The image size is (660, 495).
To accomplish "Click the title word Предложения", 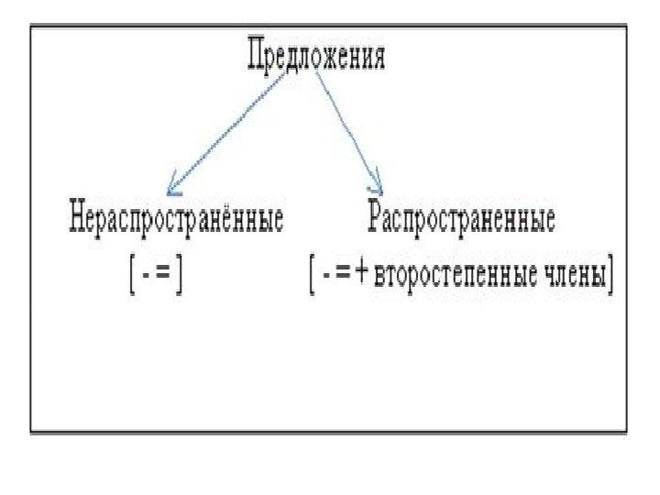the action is click(x=316, y=57).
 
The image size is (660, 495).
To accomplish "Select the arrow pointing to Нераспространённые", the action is click(x=234, y=134).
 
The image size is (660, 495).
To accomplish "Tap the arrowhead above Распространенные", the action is click(x=376, y=184).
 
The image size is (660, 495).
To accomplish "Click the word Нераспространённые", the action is click(x=175, y=220).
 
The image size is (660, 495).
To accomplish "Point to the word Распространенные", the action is click(x=460, y=220).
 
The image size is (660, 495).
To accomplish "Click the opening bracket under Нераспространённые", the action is click(x=132, y=276).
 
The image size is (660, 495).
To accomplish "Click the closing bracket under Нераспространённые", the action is click(x=181, y=276).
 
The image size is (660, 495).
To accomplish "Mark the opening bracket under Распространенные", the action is click(x=313, y=276).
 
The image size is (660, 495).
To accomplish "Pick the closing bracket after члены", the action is click(x=610, y=276).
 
